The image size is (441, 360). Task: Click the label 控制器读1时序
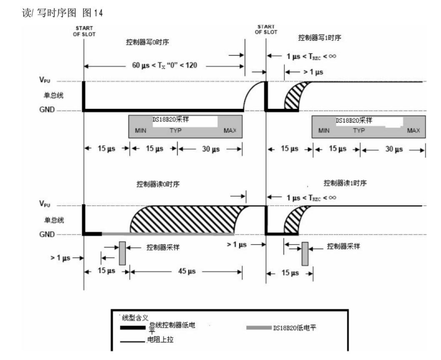[x=345, y=183]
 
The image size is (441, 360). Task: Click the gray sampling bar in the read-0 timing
[x=123, y=253]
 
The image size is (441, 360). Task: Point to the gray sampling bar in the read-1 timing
[x=306, y=253]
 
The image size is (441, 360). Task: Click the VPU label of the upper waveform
[x=48, y=81]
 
